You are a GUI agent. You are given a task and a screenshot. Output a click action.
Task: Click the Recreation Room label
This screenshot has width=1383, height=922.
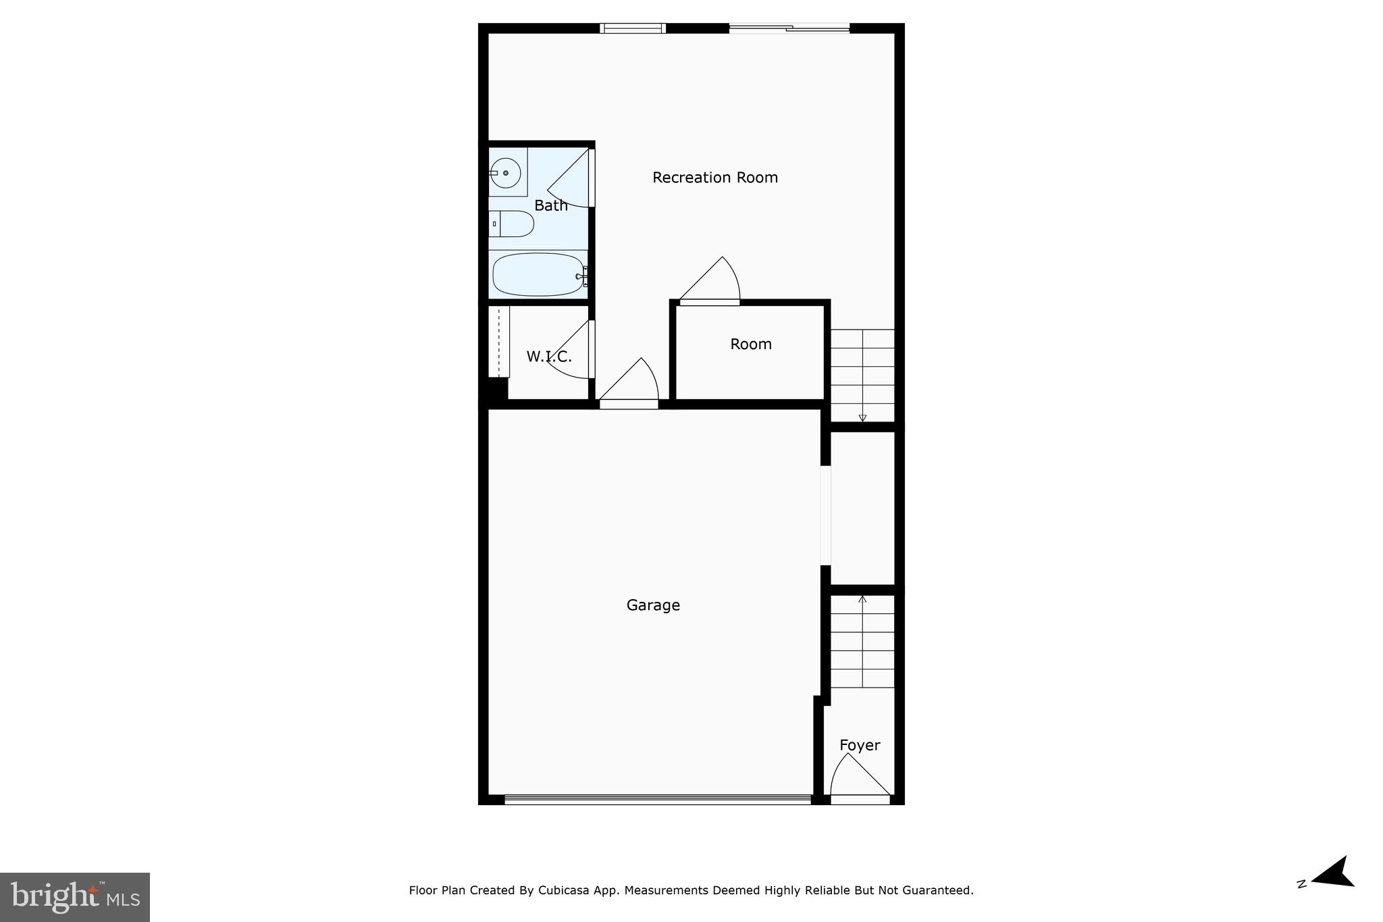pos(715,178)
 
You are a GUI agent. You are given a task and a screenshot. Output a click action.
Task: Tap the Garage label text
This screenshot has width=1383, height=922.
pos(653,605)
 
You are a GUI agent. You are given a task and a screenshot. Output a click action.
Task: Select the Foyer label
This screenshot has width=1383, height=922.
pos(860,745)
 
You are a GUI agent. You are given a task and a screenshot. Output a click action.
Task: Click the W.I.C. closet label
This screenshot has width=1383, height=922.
pos(549,357)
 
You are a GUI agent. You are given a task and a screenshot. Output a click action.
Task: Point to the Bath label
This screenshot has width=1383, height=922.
pos(551,205)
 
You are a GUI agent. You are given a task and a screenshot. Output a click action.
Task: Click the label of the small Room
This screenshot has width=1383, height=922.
pos(751,344)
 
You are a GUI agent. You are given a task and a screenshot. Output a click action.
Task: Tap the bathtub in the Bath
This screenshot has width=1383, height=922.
pos(538,274)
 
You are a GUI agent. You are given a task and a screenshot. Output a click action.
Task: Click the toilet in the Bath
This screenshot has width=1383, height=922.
pos(511,224)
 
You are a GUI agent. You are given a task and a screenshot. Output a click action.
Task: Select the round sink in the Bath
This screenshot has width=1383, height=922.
pos(505,173)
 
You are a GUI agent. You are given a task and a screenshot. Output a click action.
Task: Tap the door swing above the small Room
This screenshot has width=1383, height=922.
pos(713,281)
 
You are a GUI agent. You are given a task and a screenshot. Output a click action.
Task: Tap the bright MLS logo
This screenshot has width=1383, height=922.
pos(75,897)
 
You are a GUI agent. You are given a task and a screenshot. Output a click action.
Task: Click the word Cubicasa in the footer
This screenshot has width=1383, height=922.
pos(561,890)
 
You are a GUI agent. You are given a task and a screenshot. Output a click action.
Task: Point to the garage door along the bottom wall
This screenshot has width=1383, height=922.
pos(657,799)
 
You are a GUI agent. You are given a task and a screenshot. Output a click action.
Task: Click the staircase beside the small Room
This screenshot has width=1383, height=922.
pos(862,375)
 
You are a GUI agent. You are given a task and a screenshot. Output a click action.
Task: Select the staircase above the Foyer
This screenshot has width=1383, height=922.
pos(862,642)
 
